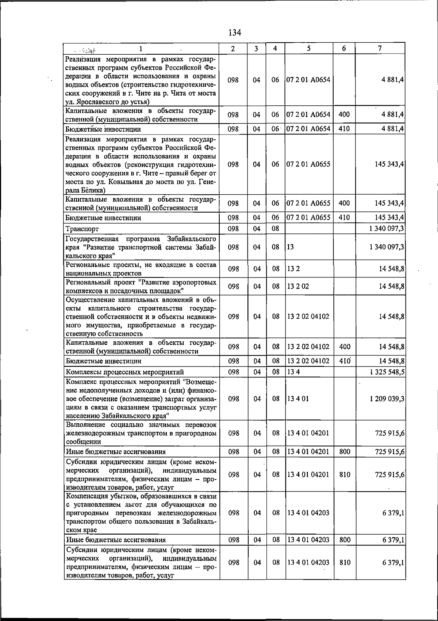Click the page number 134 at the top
click(x=235, y=33)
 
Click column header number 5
click(x=309, y=48)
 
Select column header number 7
click(x=380, y=48)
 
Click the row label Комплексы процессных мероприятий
click(x=124, y=372)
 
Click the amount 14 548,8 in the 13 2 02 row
click(x=391, y=287)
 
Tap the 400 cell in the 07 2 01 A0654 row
click(x=344, y=115)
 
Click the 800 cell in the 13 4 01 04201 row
click(x=345, y=452)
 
